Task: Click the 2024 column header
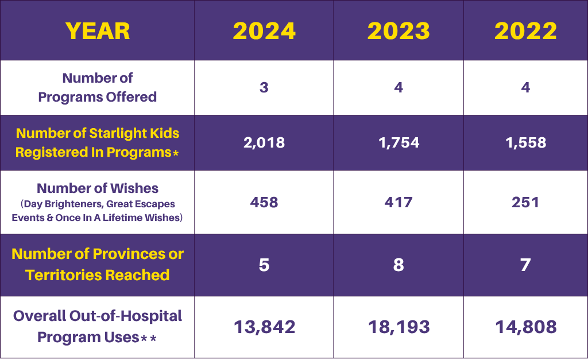pyautogui.click(x=264, y=30)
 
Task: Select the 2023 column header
pyautogui.click(x=399, y=30)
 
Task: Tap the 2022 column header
pyautogui.click(x=525, y=30)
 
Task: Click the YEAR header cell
pyautogui.click(x=98, y=30)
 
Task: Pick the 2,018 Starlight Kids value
pyautogui.click(x=264, y=142)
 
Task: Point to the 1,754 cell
pyautogui.click(x=399, y=142)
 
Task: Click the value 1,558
pyautogui.click(x=525, y=142)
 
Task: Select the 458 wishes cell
pyautogui.click(x=264, y=202)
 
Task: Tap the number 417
pyautogui.click(x=399, y=202)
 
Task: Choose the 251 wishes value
pyautogui.click(x=525, y=202)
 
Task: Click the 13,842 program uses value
pyautogui.click(x=264, y=327)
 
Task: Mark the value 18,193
pyautogui.click(x=399, y=327)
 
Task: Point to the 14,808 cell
pyautogui.click(x=525, y=327)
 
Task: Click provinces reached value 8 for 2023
pyautogui.click(x=399, y=265)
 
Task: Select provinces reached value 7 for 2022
pyautogui.click(x=525, y=265)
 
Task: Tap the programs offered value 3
pyautogui.click(x=264, y=88)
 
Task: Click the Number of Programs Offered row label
pyautogui.click(x=98, y=87)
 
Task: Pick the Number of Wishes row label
pyautogui.click(x=98, y=188)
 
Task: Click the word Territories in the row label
pyautogui.click(x=61, y=275)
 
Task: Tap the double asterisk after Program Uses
pyautogui.click(x=149, y=339)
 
